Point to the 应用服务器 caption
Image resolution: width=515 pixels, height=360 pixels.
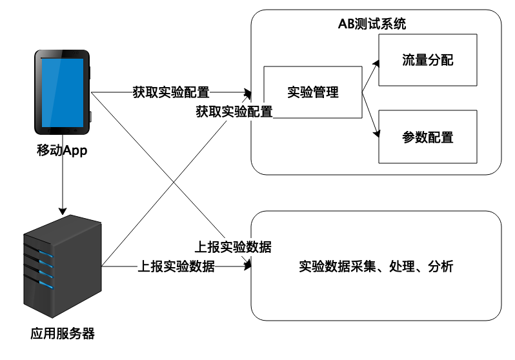point(63,335)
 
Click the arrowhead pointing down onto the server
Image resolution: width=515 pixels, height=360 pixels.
point(63,210)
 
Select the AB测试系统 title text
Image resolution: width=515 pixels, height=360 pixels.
point(372,25)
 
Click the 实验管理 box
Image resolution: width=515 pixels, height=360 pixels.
point(313,92)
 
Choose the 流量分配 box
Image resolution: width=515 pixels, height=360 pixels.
point(427,61)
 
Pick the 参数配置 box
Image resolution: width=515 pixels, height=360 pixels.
point(427,137)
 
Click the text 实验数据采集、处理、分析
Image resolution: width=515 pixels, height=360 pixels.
point(376,266)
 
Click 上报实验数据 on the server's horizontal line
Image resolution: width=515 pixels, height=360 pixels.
point(176,266)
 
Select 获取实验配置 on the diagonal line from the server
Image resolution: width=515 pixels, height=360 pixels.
point(234,111)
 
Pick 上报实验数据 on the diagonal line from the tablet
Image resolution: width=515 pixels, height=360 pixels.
point(232,246)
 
